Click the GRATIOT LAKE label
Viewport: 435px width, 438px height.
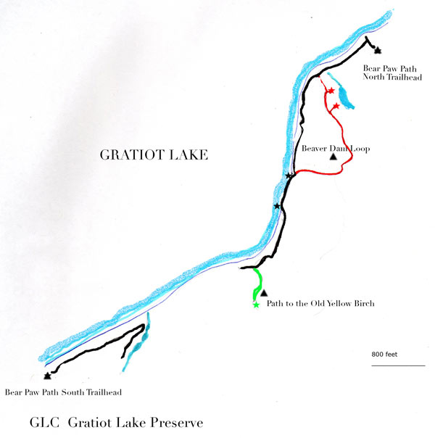coord(154,154)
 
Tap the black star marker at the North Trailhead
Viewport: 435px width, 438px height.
coord(377,50)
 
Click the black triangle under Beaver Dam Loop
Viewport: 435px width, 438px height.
coord(333,157)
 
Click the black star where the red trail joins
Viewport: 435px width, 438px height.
coord(289,176)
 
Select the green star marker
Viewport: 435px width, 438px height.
coord(255,305)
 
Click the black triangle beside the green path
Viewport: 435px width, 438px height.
coord(264,292)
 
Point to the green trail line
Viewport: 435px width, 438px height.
coord(257,283)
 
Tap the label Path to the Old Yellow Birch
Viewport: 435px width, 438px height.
coord(320,304)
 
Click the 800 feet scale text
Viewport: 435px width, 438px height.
coord(386,355)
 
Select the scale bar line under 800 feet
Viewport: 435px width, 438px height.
coord(398,365)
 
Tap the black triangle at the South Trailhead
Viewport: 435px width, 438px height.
coord(47,376)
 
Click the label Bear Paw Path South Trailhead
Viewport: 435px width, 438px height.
coord(62,392)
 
